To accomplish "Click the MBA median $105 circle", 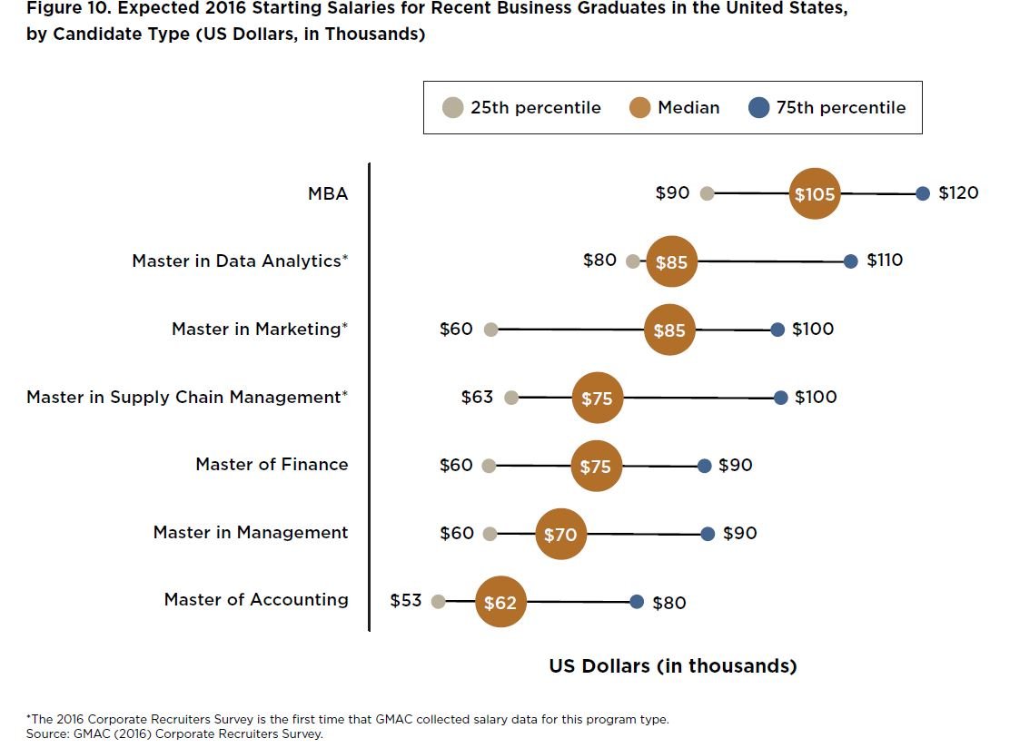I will pyautogui.click(x=814, y=193).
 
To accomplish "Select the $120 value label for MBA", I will pyautogui.click(x=958, y=193).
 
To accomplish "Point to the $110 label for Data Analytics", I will pyautogui.click(x=885, y=261).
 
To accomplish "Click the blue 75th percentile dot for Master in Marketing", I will pyautogui.click(x=777, y=330).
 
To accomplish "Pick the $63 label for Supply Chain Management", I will pyautogui.click(x=477, y=398).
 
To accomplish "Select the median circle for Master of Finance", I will pyautogui.click(x=596, y=466).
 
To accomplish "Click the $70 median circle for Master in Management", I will pyautogui.click(x=560, y=535).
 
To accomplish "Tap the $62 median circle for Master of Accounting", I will pyautogui.click(x=500, y=602).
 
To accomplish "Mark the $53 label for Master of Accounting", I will pyautogui.click(x=406, y=601).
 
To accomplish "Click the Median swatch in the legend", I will pyautogui.click(x=640, y=108).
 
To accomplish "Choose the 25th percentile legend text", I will pyautogui.click(x=535, y=108).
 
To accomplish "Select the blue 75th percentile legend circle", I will pyautogui.click(x=758, y=108).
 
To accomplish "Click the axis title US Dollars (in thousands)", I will pyautogui.click(x=673, y=666).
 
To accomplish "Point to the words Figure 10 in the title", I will pyautogui.click(x=59, y=8).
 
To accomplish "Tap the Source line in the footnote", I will pyautogui.click(x=175, y=733).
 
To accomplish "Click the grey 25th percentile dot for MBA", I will pyautogui.click(x=708, y=193).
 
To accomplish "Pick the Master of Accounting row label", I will pyautogui.click(x=256, y=600).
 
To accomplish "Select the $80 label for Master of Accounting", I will pyautogui.click(x=669, y=603).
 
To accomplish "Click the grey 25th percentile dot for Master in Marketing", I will pyautogui.click(x=491, y=330).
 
